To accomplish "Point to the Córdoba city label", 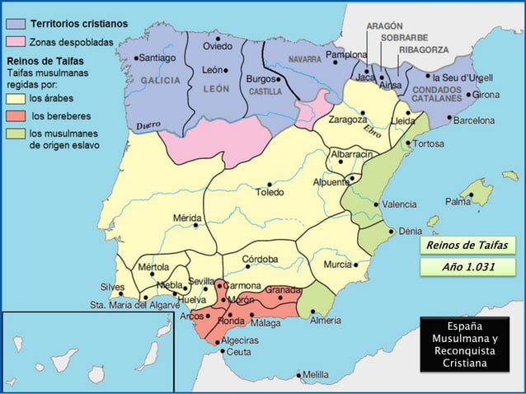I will pyautogui.click(x=260, y=259).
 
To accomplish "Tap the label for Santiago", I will pyautogui.click(x=158, y=59).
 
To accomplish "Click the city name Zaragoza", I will pyautogui.click(x=347, y=120).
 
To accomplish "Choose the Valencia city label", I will pyautogui.click(x=400, y=204).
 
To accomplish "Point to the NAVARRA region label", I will pyautogui.click(x=304, y=60).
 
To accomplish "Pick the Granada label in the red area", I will pyautogui.click(x=282, y=291).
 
